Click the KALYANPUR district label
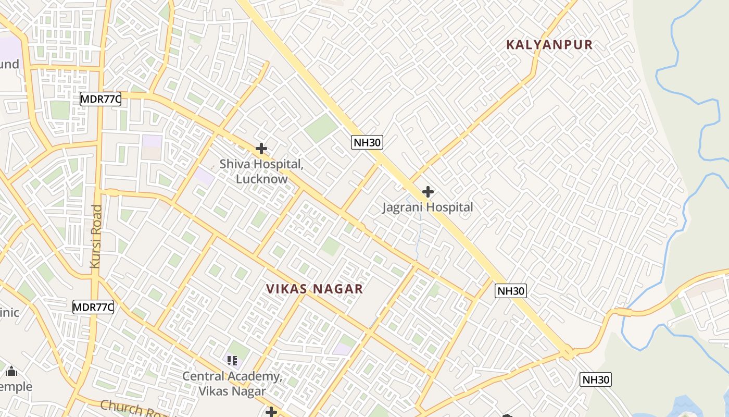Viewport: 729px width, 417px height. [549, 45]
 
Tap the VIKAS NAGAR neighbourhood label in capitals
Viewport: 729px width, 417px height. [314, 289]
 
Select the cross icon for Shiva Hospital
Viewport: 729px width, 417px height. [261, 149]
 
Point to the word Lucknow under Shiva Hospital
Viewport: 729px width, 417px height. [261, 179]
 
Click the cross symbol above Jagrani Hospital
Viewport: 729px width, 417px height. [428, 192]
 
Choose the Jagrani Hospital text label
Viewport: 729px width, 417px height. [428, 207]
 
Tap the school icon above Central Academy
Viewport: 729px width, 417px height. [232, 360]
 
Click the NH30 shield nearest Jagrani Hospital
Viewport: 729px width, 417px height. [367, 142]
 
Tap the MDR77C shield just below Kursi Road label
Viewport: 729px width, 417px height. [93, 307]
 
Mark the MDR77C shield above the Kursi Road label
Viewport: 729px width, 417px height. [100, 99]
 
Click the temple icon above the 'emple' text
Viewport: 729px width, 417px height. [11, 372]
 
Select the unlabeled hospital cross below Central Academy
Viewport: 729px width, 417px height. [271, 412]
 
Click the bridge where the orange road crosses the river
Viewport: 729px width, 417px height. [624, 312]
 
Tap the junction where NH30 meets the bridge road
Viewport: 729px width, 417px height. [569, 353]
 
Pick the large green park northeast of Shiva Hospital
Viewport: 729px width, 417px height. [321, 128]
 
